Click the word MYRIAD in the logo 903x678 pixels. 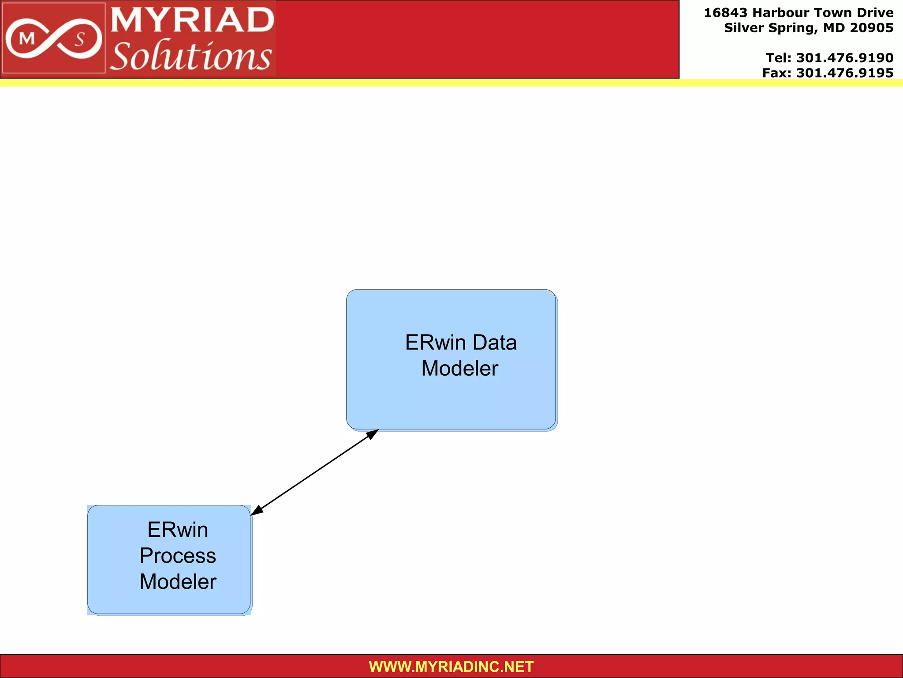coord(192,20)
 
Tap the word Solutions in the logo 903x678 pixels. coord(190,56)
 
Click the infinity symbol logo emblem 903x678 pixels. coord(53,39)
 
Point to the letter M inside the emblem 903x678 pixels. coord(27,39)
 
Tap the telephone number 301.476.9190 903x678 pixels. coord(844,58)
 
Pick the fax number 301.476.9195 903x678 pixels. coord(844,73)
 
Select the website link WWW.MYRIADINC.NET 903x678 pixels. coord(451,667)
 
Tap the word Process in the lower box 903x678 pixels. coord(178,556)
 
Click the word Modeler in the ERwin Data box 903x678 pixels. coord(459,369)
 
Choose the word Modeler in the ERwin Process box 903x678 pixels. coord(178,582)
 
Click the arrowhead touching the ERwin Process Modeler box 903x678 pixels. coord(257,511)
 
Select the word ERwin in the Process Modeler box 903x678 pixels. coord(178,530)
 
